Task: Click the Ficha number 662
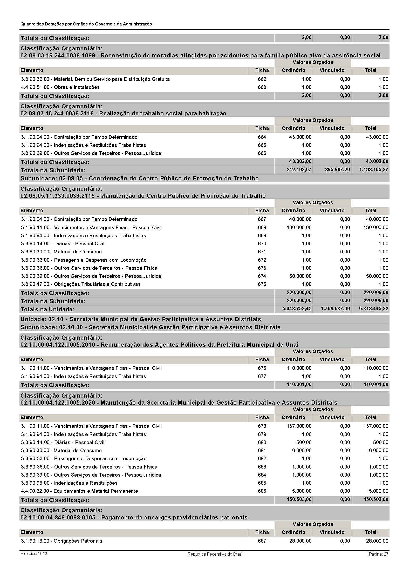click(x=262, y=79)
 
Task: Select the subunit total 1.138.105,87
click(x=374, y=170)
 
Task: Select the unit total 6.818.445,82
click(x=374, y=309)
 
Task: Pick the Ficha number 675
click(x=262, y=284)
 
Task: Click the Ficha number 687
click(x=262, y=541)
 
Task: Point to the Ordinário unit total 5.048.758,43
click(x=299, y=309)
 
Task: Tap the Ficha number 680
click(x=262, y=442)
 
